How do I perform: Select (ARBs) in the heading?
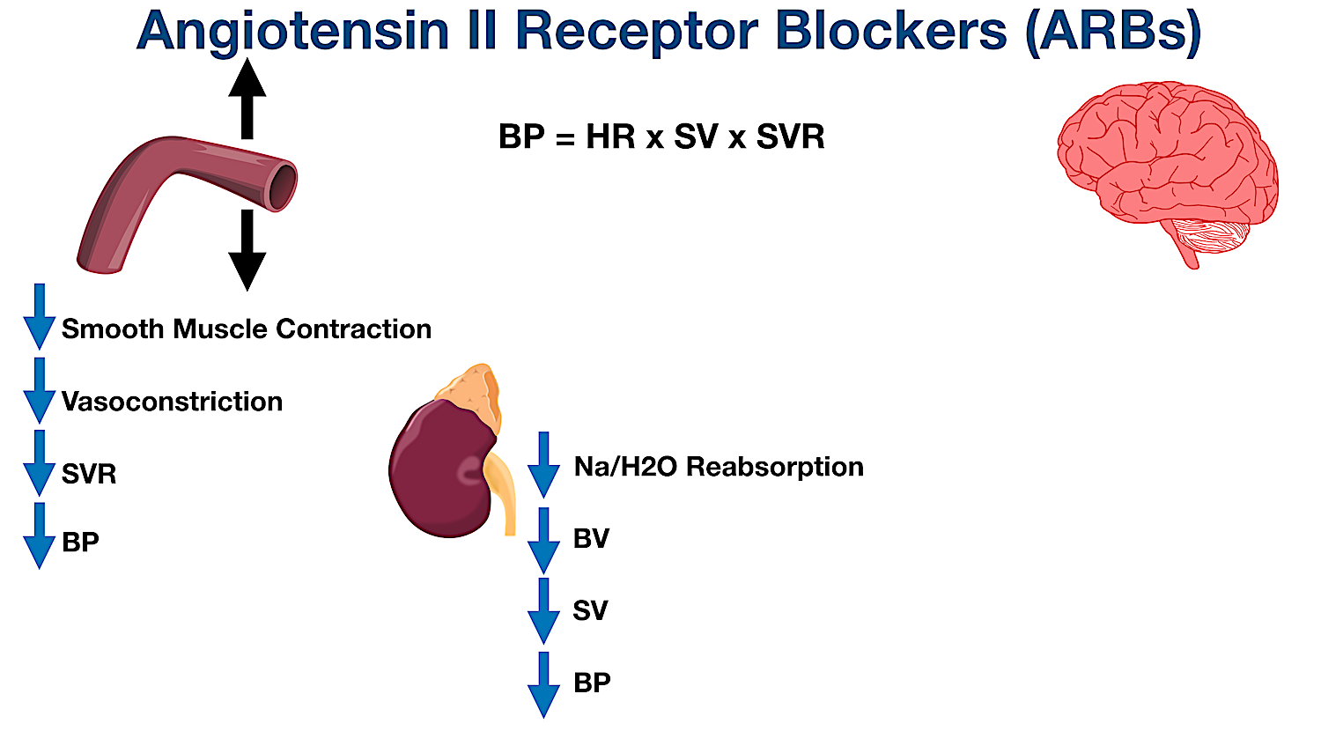pos(1113,32)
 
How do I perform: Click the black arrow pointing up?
pos(247,98)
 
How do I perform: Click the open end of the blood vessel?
pos(282,186)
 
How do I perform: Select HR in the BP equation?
pos(610,137)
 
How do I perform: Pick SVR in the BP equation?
pos(790,137)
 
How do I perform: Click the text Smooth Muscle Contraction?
pos(247,329)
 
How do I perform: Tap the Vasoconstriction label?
pos(173,402)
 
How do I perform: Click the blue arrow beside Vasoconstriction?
pos(39,391)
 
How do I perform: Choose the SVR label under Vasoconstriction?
pos(89,475)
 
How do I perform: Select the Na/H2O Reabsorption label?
pos(719,466)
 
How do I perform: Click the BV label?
pos(591,539)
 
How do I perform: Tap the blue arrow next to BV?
pos(543,541)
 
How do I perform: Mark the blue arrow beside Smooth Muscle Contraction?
pos(39,317)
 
